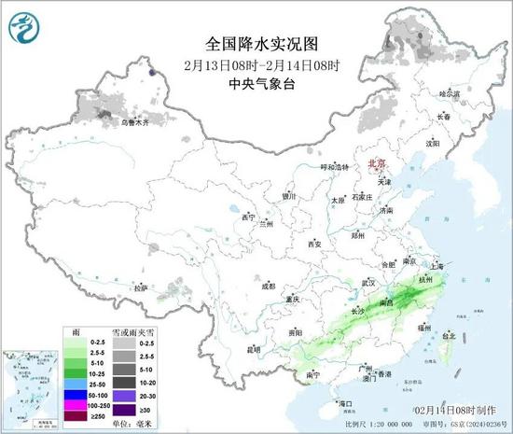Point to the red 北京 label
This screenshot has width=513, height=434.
tap(375, 162)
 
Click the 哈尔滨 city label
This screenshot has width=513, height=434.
tap(450, 93)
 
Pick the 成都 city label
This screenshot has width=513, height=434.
tap(269, 286)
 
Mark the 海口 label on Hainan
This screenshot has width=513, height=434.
tap(345, 403)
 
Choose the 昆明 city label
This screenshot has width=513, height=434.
tap(252, 349)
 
